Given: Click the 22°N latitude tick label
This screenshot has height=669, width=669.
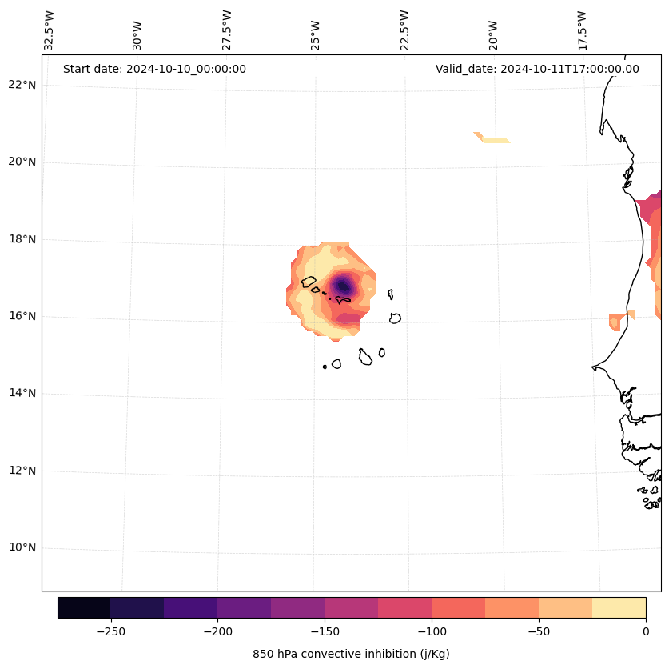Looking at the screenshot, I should click(x=22, y=85).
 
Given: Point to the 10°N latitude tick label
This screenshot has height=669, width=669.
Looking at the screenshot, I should click(x=22, y=548).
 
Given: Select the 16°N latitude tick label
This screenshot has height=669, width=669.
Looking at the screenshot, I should click(x=22, y=316).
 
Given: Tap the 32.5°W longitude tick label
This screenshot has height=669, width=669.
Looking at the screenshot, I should click(x=50, y=30).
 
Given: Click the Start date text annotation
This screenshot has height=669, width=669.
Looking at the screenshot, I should click(x=154, y=69).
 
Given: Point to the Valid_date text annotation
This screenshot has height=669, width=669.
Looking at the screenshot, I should click(x=537, y=69).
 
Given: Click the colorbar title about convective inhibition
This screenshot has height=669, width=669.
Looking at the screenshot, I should click(x=351, y=654).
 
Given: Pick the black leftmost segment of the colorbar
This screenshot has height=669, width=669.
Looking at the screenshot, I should click(x=84, y=607).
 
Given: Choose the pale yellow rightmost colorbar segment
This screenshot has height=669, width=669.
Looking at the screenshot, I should click(x=619, y=607).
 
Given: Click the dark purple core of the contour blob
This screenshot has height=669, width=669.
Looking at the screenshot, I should click(x=344, y=286).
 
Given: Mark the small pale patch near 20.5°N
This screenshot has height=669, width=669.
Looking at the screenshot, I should click(x=493, y=139).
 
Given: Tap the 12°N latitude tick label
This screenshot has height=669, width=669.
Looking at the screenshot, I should click(x=22, y=471).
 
